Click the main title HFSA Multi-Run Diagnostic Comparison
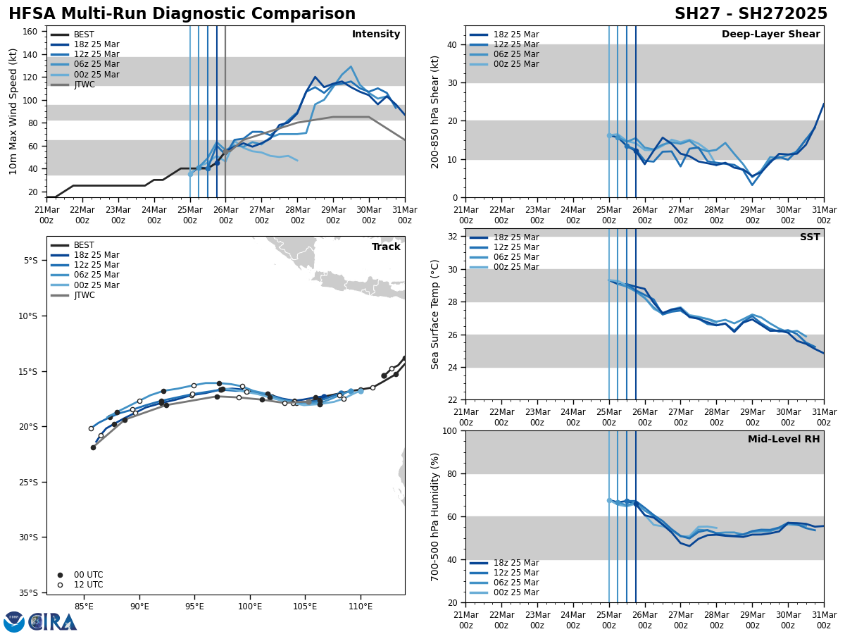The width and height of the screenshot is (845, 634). coord(182,14)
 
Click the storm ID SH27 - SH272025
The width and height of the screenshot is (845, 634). coord(751,14)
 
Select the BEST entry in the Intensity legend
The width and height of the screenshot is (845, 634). coord(84,35)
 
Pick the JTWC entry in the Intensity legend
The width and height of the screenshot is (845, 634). coord(84,85)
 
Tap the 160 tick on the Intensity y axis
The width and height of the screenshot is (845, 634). coord(32,32)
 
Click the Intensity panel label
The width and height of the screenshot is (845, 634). coord(376,35)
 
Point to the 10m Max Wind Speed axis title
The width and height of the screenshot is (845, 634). coord(13,111)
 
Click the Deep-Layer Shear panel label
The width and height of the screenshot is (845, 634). coord(770,35)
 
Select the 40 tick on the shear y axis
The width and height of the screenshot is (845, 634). coord(451,44)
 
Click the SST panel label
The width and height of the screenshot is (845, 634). coord(810,237)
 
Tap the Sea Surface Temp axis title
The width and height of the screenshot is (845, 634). coord(435,314)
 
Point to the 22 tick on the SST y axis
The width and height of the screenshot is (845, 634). coord(451,400)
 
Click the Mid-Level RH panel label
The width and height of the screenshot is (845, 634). coord(784,440)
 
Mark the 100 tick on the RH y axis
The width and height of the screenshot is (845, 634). coord(449,430)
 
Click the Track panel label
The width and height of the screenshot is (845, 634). coord(386,247)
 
